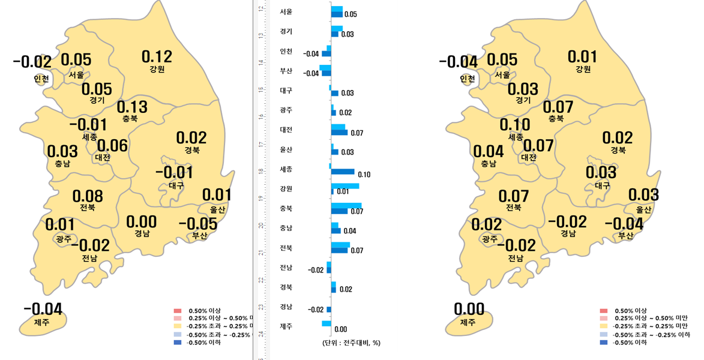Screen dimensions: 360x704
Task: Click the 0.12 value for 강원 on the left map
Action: [x=157, y=56]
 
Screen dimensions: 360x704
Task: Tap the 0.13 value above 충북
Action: [x=131, y=107]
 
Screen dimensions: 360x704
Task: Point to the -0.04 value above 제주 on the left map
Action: [x=43, y=309]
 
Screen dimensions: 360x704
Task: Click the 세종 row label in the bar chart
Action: [x=286, y=169]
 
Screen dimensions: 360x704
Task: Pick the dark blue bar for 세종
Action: [x=343, y=172]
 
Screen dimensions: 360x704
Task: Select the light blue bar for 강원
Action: [x=345, y=186]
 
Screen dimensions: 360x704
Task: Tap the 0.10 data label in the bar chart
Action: [x=364, y=175]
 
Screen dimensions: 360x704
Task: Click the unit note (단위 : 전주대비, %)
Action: [x=351, y=343]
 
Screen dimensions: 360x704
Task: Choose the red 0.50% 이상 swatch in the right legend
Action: [x=603, y=311]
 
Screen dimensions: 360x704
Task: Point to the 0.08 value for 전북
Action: [x=87, y=196]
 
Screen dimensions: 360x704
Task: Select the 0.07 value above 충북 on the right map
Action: [x=558, y=107]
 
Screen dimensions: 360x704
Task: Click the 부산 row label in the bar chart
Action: [x=286, y=71]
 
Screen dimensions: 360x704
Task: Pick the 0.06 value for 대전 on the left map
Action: [x=112, y=145]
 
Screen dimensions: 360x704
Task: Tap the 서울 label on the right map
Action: [x=502, y=75]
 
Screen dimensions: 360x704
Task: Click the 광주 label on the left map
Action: [x=63, y=239]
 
